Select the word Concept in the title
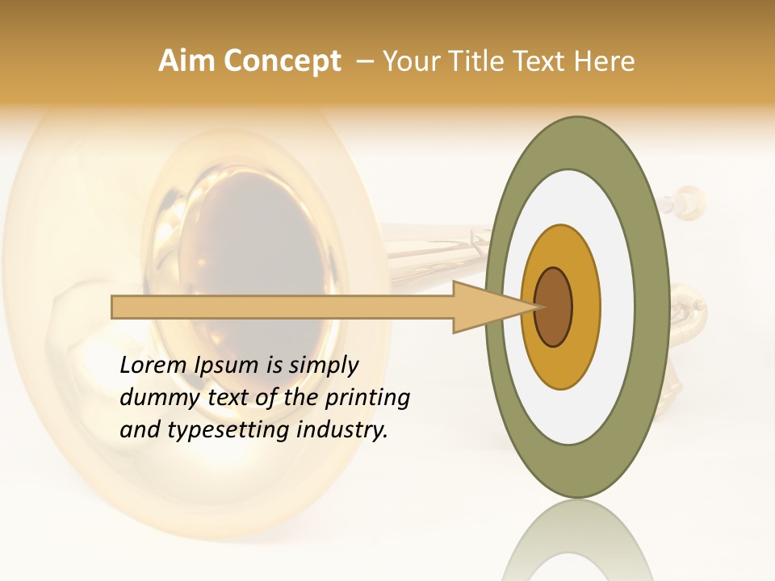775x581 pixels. click(282, 61)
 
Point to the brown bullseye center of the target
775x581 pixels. click(554, 307)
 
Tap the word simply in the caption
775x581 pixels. click(323, 366)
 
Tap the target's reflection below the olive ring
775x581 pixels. click(577, 541)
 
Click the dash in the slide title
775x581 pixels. click(364, 61)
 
